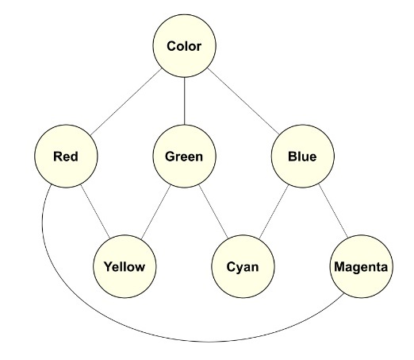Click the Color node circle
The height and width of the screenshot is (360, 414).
pyautogui.click(x=184, y=46)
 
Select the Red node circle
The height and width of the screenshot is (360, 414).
pyautogui.click(x=66, y=157)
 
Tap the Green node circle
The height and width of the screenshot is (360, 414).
pyautogui.click(x=184, y=157)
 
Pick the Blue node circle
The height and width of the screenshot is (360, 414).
pyautogui.click(x=303, y=157)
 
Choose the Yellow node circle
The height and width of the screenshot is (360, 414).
pyautogui.click(x=125, y=266)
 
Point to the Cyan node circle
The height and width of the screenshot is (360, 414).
pyautogui.click(x=243, y=266)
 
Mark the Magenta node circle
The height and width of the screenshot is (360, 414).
pyautogui.click(x=362, y=266)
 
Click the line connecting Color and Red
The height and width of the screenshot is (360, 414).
pyautogui.click(x=126, y=102)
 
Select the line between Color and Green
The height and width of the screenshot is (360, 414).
pyautogui.click(x=184, y=101)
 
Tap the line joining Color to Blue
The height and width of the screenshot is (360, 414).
pyautogui.click(x=243, y=101)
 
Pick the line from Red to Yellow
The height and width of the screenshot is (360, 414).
pyautogui.click(x=95, y=211)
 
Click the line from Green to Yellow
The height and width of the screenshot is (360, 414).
pyautogui.click(x=155, y=212)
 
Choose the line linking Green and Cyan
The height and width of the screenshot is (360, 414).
pyautogui.click(x=213, y=211)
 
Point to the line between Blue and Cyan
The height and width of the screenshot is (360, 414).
pyautogui.click(x=274, y=211)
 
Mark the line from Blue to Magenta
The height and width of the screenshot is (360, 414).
pyautogui.click(x=333, y=211)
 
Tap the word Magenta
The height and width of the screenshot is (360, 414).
pyautogui.click(x=361, y=267)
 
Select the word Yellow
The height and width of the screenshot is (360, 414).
pyautogui.click(x=125, y=266)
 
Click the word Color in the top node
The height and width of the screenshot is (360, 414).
pyautogui.click(x=184, y=46)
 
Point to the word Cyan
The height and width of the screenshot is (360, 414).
pyautogui.click(x=243, y=267)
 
